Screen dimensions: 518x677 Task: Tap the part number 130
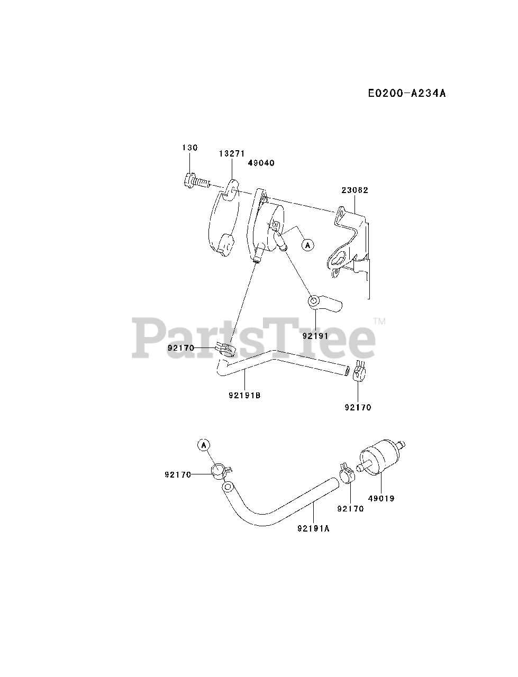pyautogui.click(x=190, y=148)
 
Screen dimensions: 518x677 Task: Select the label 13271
pyautogui.click(x=232, y=153)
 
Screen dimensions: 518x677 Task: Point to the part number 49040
pyautogui.click(x=261, y=163)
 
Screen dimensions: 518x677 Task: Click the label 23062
pyautogui.click(x=355, y=190)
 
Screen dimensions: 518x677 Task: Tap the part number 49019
pyautogui.click(x=381, y=498)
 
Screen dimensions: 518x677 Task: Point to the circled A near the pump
pyautogui.click(x=307, y=244)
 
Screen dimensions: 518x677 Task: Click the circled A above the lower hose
pyautogui.click(x=204, y=445)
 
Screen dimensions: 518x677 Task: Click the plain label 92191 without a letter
pyautogui.click(x=315, y=336)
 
